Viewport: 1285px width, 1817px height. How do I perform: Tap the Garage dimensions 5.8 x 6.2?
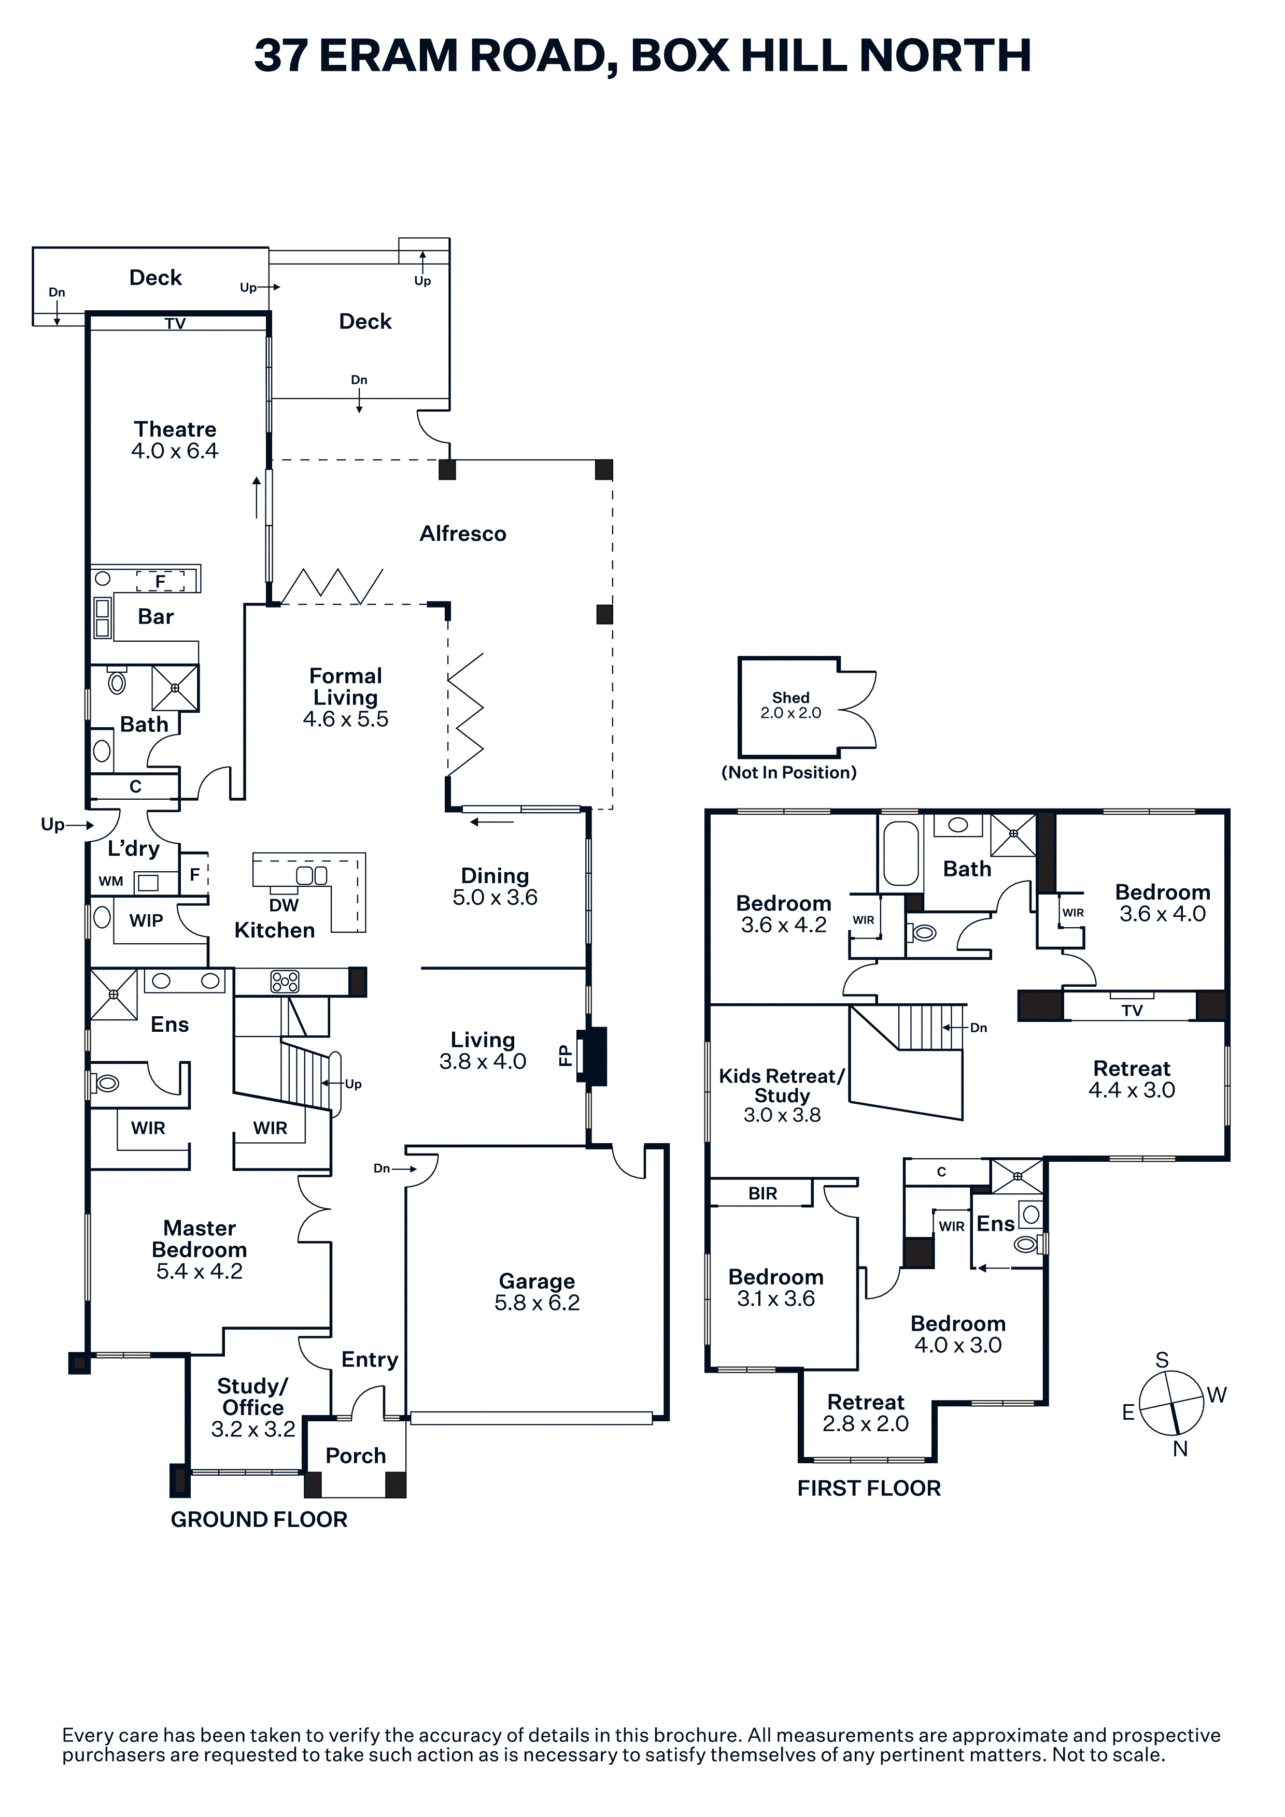(537, 1303)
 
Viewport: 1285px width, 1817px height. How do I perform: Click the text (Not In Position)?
(788, 772)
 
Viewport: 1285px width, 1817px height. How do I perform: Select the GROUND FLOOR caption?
(259, 1520)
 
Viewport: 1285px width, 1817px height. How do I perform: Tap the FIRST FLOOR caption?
(869, 1489)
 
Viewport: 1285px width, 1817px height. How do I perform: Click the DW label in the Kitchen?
(284, 905)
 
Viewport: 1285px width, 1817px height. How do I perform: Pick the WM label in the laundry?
(111, 881)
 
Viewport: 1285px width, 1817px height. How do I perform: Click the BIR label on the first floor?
(762, 1193)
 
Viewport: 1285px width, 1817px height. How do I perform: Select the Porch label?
(356, 1455)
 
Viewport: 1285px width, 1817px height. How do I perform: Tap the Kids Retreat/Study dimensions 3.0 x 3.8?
(782, 1115)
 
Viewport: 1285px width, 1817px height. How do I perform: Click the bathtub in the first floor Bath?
(900, 853)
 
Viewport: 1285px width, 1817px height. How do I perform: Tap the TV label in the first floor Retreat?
(1132, 1011)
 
